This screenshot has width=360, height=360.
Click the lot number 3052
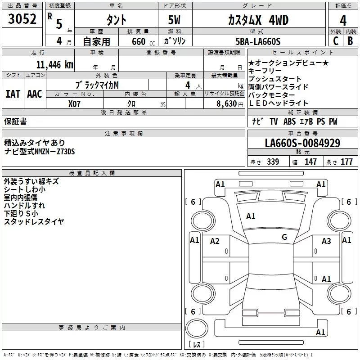[x=22, y=20]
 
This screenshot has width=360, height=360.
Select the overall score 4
[x=343, y=21]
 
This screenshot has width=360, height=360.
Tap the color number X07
[x=75, y=103]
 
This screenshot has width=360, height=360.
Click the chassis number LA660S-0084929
[x=302, y=143]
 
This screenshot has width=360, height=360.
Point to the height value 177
[x=346, y=162]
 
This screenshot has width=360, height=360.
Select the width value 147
[x=310, y=162]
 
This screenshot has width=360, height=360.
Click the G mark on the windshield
[x=284, y=237]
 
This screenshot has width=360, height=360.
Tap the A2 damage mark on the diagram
[x=215, y=241]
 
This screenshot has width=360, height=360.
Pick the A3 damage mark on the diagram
[x=326, y=241]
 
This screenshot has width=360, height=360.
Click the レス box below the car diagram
[x=196, y=345]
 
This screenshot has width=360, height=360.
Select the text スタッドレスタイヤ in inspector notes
[x=34, y=221]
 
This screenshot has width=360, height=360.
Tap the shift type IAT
[x=13, y=94]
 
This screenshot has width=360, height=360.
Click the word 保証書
[x=15, y=121]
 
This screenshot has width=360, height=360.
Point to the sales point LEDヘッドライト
[x=279, y=103]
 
